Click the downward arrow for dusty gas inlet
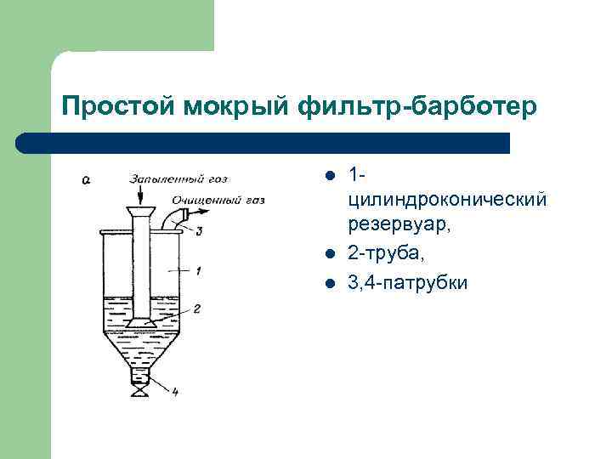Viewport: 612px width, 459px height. [138, 195]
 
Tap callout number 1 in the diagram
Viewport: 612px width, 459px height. [198, 271]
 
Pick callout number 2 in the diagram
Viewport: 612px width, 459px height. [196, 309]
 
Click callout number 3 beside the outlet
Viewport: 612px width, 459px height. [198, 230]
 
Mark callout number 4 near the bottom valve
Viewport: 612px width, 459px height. [173, 392]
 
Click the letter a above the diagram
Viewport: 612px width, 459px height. [88, 179]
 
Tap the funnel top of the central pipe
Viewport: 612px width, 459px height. [138, 211]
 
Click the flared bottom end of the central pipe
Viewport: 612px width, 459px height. [138, 323]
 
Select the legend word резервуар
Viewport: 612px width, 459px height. [397, 226]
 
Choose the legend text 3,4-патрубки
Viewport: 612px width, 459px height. [407, 282]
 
